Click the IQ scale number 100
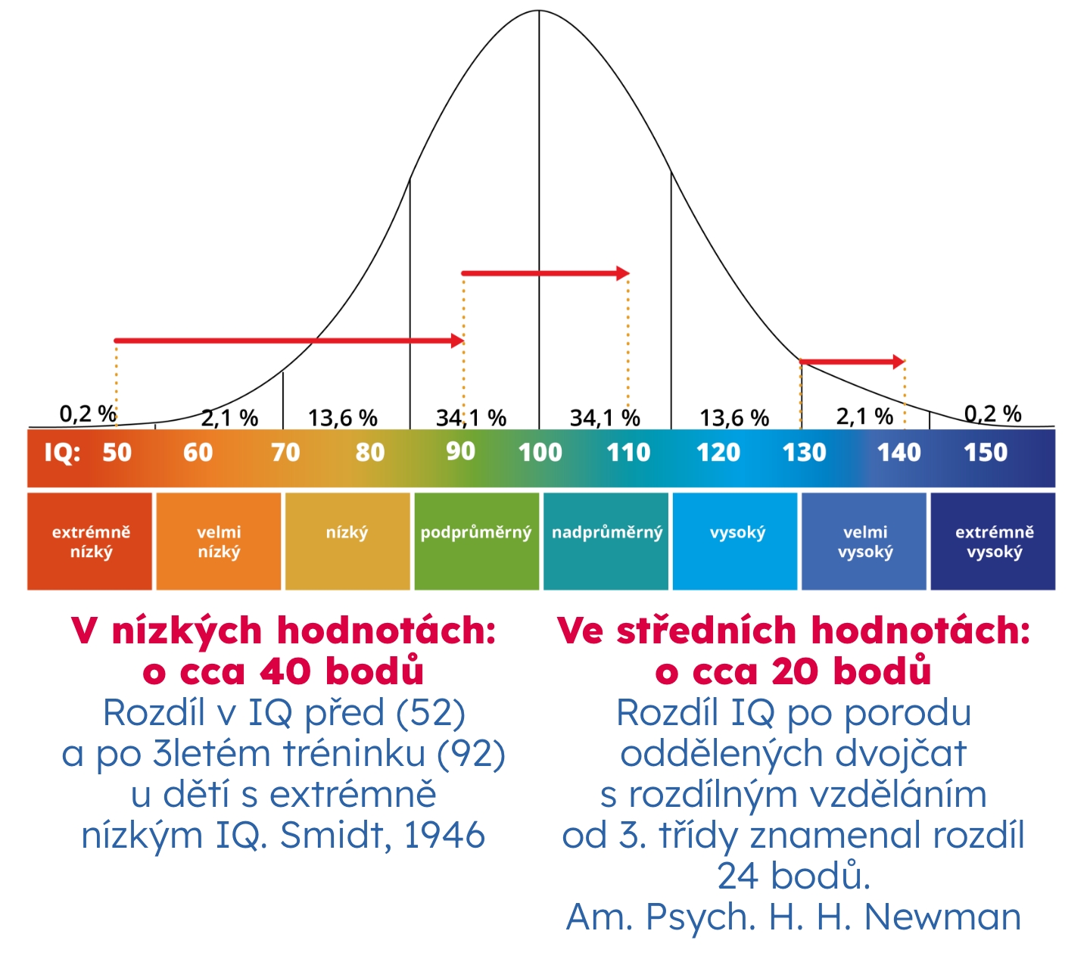[x=540, y=453]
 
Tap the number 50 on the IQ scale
[x=117, y=453]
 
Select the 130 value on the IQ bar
[x=804, y=453]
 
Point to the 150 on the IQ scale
[x=985, y=453]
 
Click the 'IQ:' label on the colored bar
[x=62, y=453]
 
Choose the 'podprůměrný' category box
[x=476, y=540]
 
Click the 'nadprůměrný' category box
[x=606, y=540]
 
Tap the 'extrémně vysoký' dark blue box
[x=993, y=540]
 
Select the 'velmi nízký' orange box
[x=219, y=540]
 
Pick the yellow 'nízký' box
[x=347, y=540]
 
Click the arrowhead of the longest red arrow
[x=458, y=341]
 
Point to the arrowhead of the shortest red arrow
[x=898, y=362]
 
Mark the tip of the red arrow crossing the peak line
[x=623, y=273]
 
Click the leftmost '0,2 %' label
[x=88, y=413]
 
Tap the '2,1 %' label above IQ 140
[x=864, y=416]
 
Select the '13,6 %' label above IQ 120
[x=733, y=418]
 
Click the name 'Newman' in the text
[x=942, y=917]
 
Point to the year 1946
[x=444, y=835]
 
